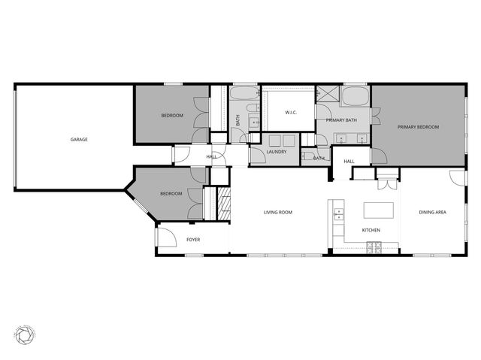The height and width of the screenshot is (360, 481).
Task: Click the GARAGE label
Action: tap(79, 139)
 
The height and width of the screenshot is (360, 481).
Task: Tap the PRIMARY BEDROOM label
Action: tap(418, 127)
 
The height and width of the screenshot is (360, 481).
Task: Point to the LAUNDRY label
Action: tap(277, 153)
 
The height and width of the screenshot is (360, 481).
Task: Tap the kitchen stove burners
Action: tap(374, 247)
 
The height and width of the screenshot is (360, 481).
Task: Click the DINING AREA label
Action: tap(432, 213)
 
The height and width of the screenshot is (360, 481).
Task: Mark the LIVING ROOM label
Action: tap(277, 213)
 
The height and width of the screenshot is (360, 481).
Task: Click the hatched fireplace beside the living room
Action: tap(223, 203)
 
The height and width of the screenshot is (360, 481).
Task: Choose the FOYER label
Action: tap(193, 240)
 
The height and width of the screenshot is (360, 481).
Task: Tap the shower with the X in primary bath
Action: tap(327, 95)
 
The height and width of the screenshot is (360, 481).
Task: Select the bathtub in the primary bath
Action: tap(354, 95)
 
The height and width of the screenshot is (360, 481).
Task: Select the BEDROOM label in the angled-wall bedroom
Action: tap(171, 194)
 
